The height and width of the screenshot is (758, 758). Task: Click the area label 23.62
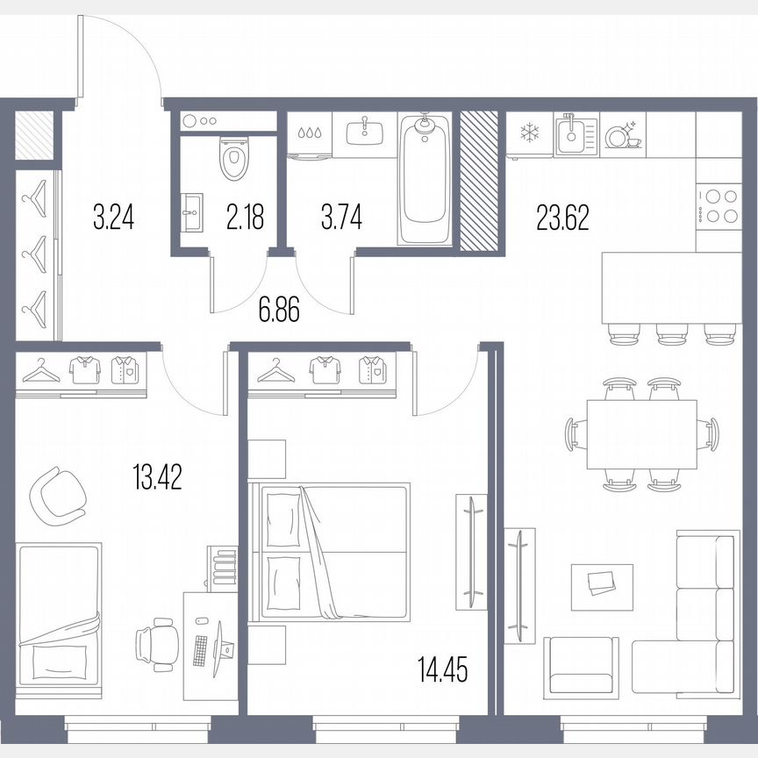561,216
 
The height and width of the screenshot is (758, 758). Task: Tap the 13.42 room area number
157,479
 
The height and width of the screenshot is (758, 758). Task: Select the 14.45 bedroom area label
443,672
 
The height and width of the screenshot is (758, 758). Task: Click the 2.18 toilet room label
245,216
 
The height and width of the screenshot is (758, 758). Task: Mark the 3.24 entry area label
113,216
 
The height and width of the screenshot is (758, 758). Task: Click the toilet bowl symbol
232,160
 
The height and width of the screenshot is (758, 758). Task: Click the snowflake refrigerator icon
529,133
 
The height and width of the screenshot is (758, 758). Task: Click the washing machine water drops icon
310,134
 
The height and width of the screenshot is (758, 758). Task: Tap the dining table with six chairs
640,434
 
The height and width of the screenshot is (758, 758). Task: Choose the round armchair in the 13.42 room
55,494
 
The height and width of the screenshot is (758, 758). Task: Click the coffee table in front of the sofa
601,585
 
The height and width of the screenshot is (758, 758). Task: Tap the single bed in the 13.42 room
60,619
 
